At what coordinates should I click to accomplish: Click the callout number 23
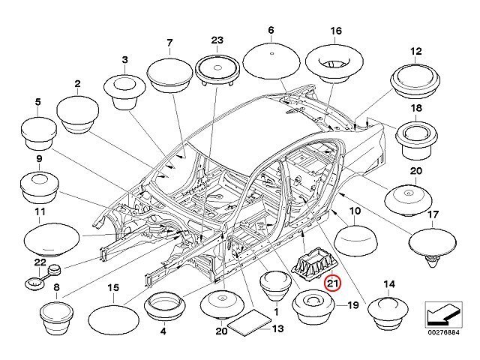pyautogui.click(x=218, y=40)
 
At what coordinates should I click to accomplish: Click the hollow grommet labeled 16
pyautogui.click(x=334, y=60)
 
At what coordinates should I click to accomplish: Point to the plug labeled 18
pyautogui.click(x=415, y=139)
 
